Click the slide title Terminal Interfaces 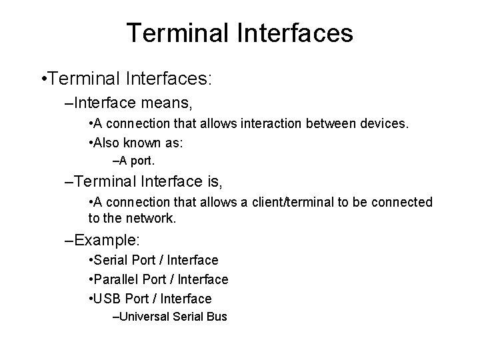point(240,33)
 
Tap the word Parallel point(114,279)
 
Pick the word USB point(107,299)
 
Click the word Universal point(143,317)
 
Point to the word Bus point(217,317)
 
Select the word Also point(107,142)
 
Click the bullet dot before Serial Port point(90,260)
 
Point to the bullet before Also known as point(90,142)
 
